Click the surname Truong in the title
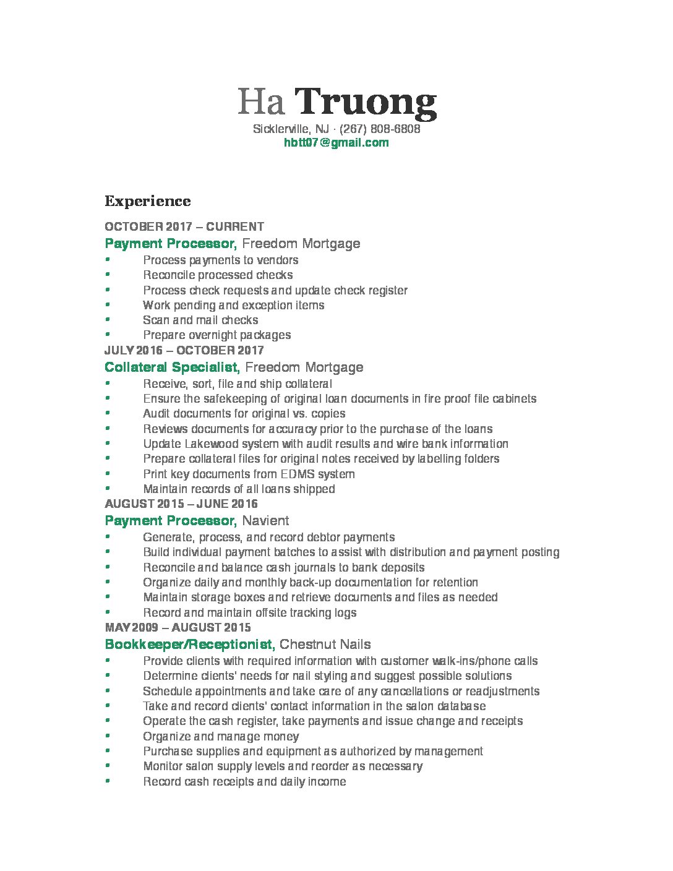coord(365,103)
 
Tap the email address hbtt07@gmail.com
coord(336,143)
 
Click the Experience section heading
coord(148,201)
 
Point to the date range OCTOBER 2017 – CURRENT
coord(184,226)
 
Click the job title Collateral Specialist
coord(171,367)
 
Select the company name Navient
coord(265,520)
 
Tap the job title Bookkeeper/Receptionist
coord(189,644)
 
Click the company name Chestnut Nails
coord(325,644)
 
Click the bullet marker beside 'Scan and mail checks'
coord(108,320)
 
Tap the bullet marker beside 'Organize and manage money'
coord(108,736)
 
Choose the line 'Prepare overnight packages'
coord(216,335)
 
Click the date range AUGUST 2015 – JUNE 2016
coord(181,504)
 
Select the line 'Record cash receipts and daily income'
coord(244,781)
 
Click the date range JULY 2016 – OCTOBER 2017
coord(184,350)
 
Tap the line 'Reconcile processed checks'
coord(218,275)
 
